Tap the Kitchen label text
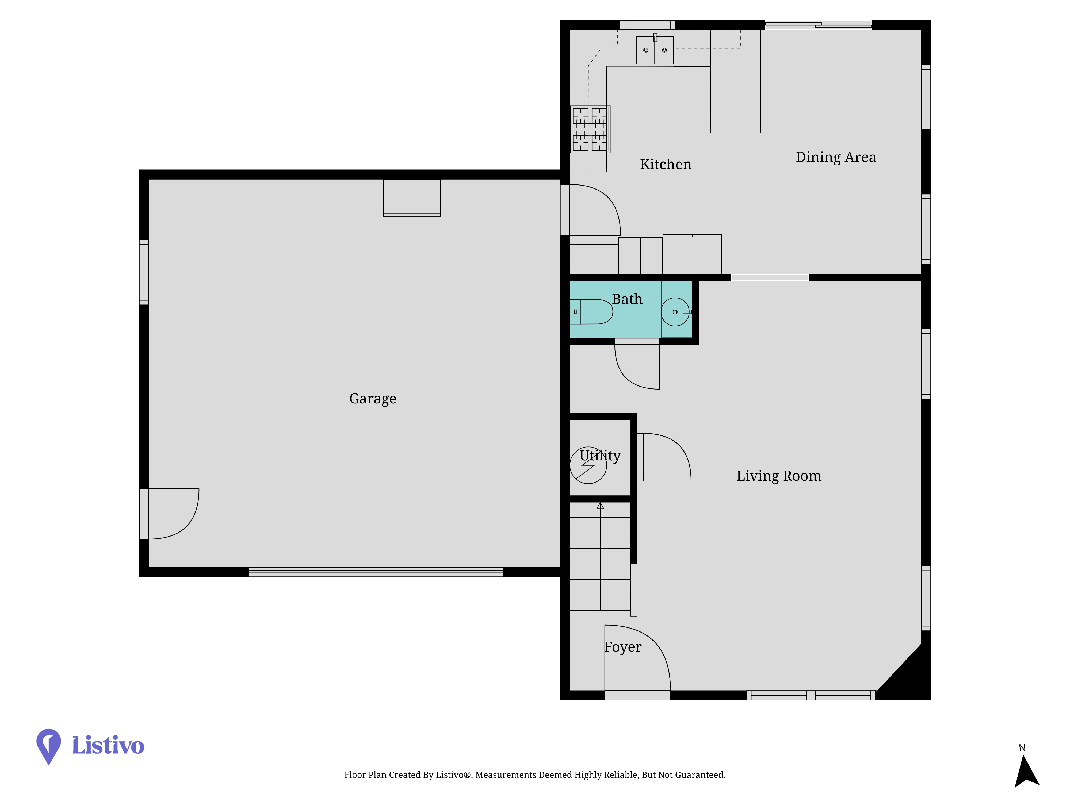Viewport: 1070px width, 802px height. pyautogui.click(x=666, y=164)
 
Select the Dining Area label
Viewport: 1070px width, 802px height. pyautogui.click(x=836, y=157)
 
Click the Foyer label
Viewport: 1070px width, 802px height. pyautogui.click(x=623, y=647)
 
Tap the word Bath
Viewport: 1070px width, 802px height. pyautogui.click(x=627, y=299)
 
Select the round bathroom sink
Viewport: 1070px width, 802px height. pyautogui.click(x=675, y=312)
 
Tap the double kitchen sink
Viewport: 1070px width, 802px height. pyautogui.click(x=655, y=50)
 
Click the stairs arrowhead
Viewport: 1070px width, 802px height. pyautogui.click(x=600, y=506)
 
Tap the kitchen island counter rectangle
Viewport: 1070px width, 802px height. pyautogui.click(x=735, y=81)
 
